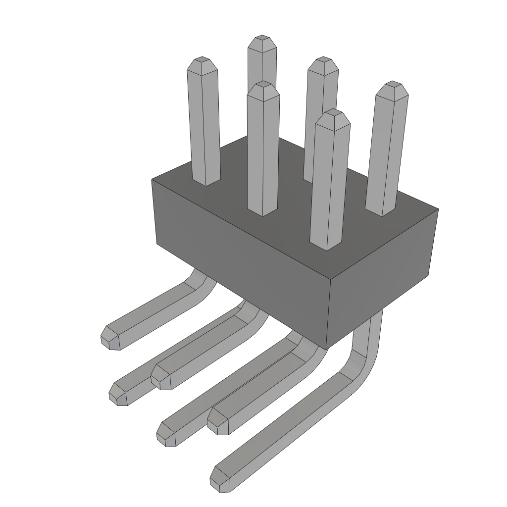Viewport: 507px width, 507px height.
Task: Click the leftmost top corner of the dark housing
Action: pyautogui.click(x=152, y=180)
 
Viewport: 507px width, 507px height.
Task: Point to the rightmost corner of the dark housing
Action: pyautogui.click(x=438, y=209)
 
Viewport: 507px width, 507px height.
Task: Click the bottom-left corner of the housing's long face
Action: pyautogui.click(x=157, y=244)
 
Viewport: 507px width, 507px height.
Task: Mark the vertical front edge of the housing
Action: pyautogui.click(x=328, y=312)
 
